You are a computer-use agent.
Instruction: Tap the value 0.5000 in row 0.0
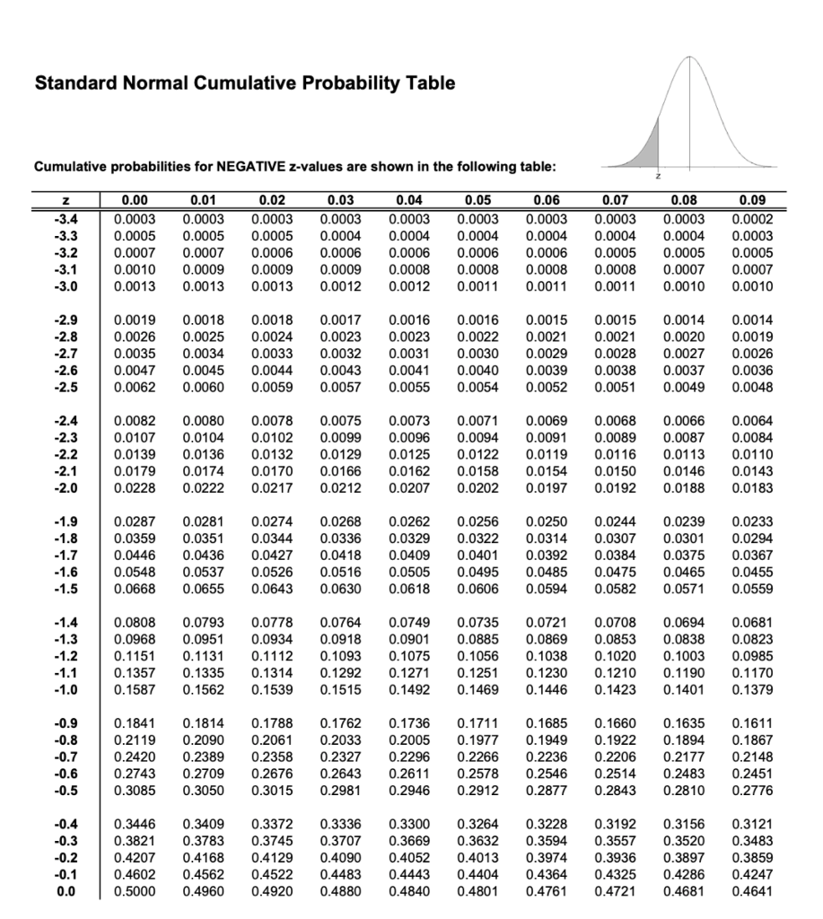pos(134,893)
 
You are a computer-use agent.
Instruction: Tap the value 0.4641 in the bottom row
pos(754,893)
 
